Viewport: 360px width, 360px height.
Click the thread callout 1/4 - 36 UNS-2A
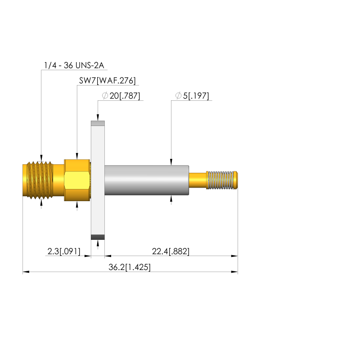click(x=74, y=65)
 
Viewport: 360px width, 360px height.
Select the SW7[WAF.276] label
click(x=107, y=81)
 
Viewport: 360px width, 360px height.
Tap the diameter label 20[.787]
click(x=125, y=96)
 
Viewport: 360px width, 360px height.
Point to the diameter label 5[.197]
click(x=196, y=96)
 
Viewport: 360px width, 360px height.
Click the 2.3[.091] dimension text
click(x=64, y=251)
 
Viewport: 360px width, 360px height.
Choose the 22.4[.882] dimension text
click(x=171, y=251)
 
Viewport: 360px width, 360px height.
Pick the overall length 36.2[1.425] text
click(x=130, y=267)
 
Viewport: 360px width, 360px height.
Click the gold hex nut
click(x=77, y=180)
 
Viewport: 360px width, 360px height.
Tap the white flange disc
click(x=98, y=180)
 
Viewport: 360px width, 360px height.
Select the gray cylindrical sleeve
click(x=147, y=180)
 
